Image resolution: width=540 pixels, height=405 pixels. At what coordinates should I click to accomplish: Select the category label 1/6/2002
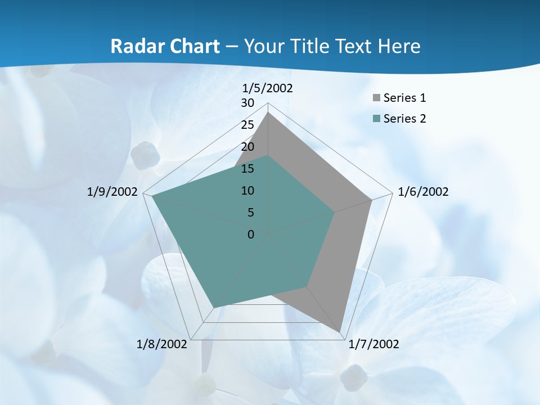tap(423, 192)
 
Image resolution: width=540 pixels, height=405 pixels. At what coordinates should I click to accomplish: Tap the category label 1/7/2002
tap(373, 344)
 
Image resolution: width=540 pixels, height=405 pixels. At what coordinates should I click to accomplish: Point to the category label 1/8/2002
tap(162, 344)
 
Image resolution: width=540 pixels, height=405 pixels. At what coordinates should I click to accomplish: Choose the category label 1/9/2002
tap(112, 192)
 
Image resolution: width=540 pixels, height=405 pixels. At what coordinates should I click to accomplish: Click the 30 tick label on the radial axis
tap(247, 103)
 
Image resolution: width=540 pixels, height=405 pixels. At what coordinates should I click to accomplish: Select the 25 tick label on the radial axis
tap(247, 125)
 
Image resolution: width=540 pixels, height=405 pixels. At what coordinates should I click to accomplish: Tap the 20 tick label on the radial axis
tap(247, 147)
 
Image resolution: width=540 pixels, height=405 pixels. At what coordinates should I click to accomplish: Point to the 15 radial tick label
tap(247, 169)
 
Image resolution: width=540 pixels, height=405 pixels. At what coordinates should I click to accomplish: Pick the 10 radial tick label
tap(247, 191)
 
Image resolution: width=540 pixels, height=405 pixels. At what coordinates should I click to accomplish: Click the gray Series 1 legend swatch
tap(376, 98)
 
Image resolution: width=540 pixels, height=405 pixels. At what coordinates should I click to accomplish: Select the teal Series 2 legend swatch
tap(376, 119)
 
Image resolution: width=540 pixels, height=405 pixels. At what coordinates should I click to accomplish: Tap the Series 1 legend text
tap(404, 98)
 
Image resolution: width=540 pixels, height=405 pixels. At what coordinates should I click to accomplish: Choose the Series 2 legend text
tap(404, 119)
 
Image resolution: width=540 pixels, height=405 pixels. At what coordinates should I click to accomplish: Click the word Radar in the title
tap(136, 46)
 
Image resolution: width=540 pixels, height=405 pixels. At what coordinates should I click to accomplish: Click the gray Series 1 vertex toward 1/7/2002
tap(340, 332)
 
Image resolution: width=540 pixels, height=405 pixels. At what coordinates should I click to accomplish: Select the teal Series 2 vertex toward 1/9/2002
tap(152, 196)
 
